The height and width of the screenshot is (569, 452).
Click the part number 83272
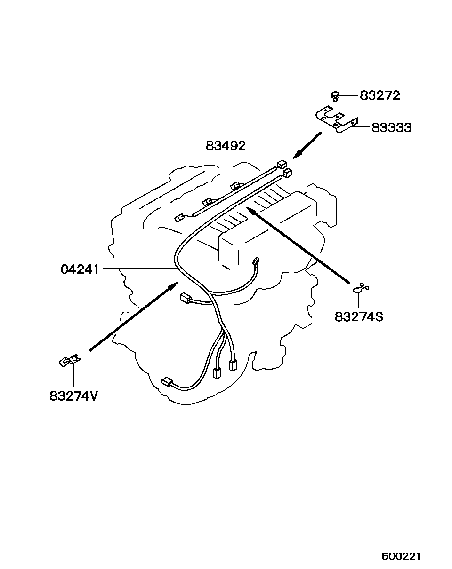tap(379, 96)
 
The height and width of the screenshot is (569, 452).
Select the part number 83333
tap(391, 127)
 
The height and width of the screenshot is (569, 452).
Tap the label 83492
tap(226, 146)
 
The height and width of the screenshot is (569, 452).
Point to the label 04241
tap(80, 269)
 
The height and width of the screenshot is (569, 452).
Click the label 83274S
tap(359, 316)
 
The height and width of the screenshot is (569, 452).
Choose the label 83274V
tap(73, 396)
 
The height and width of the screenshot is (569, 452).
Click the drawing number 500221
tap(400, 556)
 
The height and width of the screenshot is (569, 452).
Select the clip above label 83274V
tap(70, 361)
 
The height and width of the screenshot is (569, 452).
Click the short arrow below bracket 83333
tap(307, 145)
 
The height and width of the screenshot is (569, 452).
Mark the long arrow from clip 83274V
tap(134, 316)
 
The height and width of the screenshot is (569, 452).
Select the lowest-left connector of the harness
tap(167, 382)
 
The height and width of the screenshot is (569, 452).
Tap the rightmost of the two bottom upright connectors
tap(232, 365)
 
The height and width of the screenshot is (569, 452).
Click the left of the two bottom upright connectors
tap(217, 372)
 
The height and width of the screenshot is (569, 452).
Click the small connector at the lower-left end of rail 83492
tap(179, 218)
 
